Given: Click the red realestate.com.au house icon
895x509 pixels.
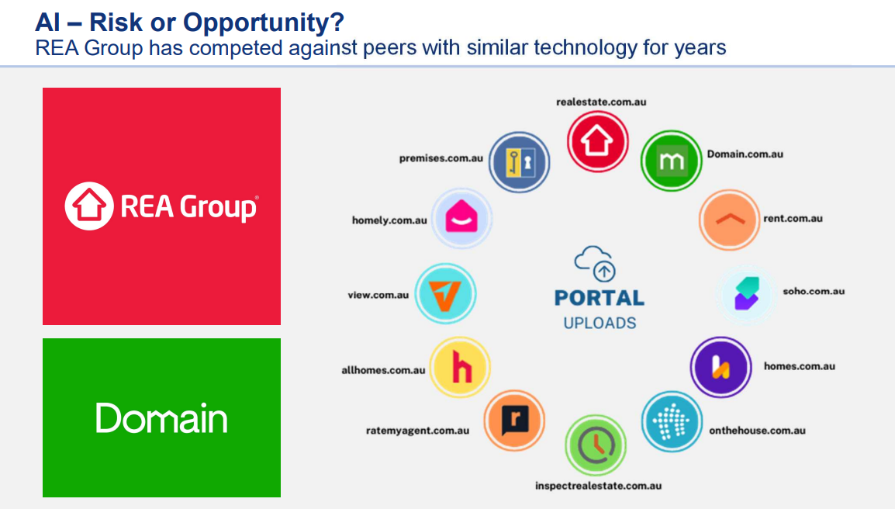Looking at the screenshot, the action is tap(597, 141).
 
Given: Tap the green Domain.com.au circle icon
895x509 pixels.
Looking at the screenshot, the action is tap(672, 161).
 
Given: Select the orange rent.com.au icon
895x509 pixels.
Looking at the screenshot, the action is tap(730, 220).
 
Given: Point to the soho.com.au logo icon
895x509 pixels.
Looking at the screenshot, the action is tap(747, 293).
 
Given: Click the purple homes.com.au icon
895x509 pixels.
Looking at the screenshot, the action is tap(721, 367).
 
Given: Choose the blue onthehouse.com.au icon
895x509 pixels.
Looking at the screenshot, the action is tap(672, 421).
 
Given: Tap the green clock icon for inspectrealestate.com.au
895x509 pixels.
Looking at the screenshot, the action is tap(596, 445).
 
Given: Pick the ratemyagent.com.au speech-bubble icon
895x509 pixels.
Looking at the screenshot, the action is tap(514, 421).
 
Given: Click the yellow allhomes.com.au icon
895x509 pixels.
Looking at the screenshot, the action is tap(460, 367).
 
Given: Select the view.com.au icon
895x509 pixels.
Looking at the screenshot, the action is tap(445, 293).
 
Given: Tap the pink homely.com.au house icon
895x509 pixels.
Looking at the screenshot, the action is tap(461, 218).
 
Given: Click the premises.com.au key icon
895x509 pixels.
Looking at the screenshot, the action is tap(520, 162).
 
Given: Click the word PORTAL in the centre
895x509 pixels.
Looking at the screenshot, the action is tap(600, 298).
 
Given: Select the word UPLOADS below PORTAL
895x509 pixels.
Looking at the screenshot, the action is tap(600, 324).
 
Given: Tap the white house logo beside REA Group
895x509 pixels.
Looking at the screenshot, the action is tap(89, 206).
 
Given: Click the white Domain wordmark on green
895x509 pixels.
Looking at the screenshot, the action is tap(161, 418).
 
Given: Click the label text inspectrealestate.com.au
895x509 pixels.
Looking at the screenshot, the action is tap(598, 486).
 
